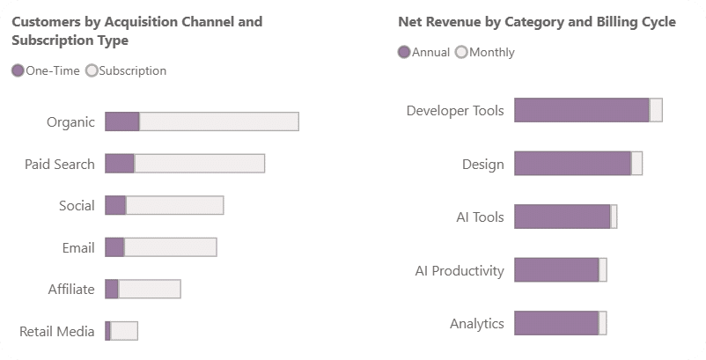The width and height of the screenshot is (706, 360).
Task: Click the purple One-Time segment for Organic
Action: (x=122, y=121)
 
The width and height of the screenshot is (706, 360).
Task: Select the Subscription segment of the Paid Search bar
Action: (x=200, y=164)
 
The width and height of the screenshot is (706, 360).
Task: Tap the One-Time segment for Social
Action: (x=115, y=205)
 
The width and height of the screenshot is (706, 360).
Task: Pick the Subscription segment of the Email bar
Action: (x=170, y=247)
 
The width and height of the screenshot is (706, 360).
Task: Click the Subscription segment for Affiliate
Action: (x=150, y=289)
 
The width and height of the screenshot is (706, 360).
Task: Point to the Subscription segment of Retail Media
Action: (x=124, y=331)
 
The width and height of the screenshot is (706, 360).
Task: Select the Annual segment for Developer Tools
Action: (x=582, y=110)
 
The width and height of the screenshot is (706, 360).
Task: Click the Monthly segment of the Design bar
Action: (x=636, y=164)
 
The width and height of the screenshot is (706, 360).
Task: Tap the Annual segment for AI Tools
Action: (x=563, y=217)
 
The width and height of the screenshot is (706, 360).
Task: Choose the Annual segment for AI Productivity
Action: (x=556, y=270)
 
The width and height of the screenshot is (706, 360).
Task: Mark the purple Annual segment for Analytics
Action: (x=556, y=323)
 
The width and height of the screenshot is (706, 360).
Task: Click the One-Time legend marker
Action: (x=18, y=70)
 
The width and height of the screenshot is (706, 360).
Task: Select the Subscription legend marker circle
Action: (x=92, y=70)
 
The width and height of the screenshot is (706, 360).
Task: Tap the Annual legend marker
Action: (x=404, y=52)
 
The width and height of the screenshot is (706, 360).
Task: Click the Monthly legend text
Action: (x=492, y=52)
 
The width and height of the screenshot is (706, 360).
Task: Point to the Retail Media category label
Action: (x=57, y=332)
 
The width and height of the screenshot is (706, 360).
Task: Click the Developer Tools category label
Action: (x=455, y=111)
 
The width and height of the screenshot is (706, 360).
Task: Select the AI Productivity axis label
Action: (x=460, y=271)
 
